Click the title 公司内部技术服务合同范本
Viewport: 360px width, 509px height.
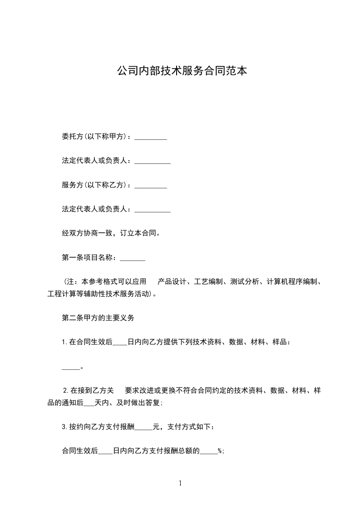[182, 71]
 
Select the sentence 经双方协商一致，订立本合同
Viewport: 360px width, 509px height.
[110, 234]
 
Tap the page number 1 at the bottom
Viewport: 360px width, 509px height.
[180, 483]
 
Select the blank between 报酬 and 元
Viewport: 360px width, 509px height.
[144, 427]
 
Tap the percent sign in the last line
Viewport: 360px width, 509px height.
[220, 451]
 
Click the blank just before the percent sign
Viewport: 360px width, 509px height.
[209, 451]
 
